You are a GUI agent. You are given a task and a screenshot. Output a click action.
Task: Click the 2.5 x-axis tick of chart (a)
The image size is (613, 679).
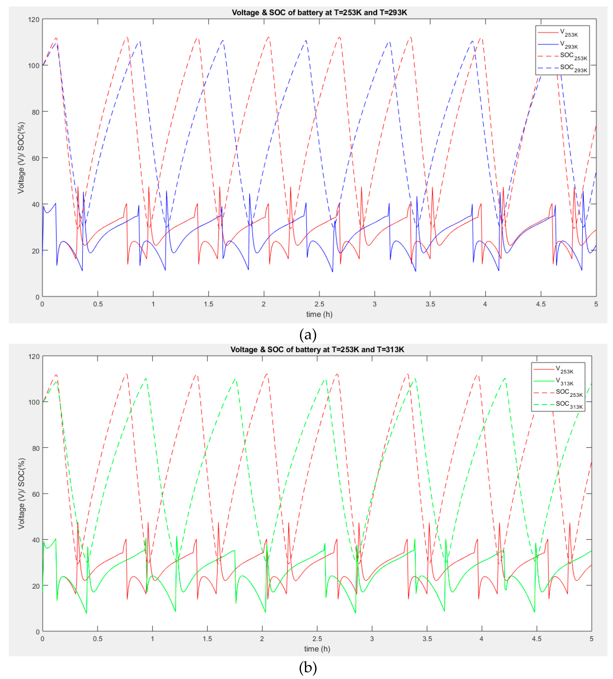(319, 304)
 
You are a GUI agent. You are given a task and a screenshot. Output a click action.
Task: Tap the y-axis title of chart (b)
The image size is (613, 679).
(21, 494)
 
